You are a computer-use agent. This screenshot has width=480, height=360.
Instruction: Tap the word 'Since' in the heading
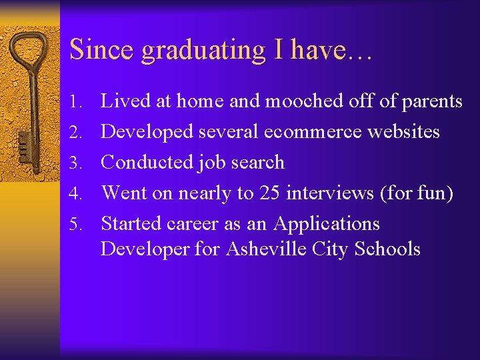(x=93, y=49)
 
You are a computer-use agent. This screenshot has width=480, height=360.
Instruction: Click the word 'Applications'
(x=327, y=224)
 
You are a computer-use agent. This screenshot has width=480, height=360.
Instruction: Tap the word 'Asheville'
(x=267, y=249)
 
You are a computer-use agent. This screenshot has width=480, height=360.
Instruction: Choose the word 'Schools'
(x=387, y=249)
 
